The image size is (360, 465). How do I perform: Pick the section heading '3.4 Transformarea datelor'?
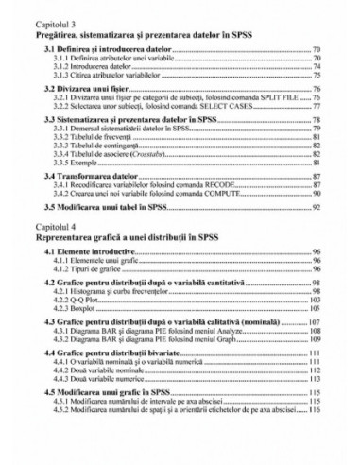tap(91, 177)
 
